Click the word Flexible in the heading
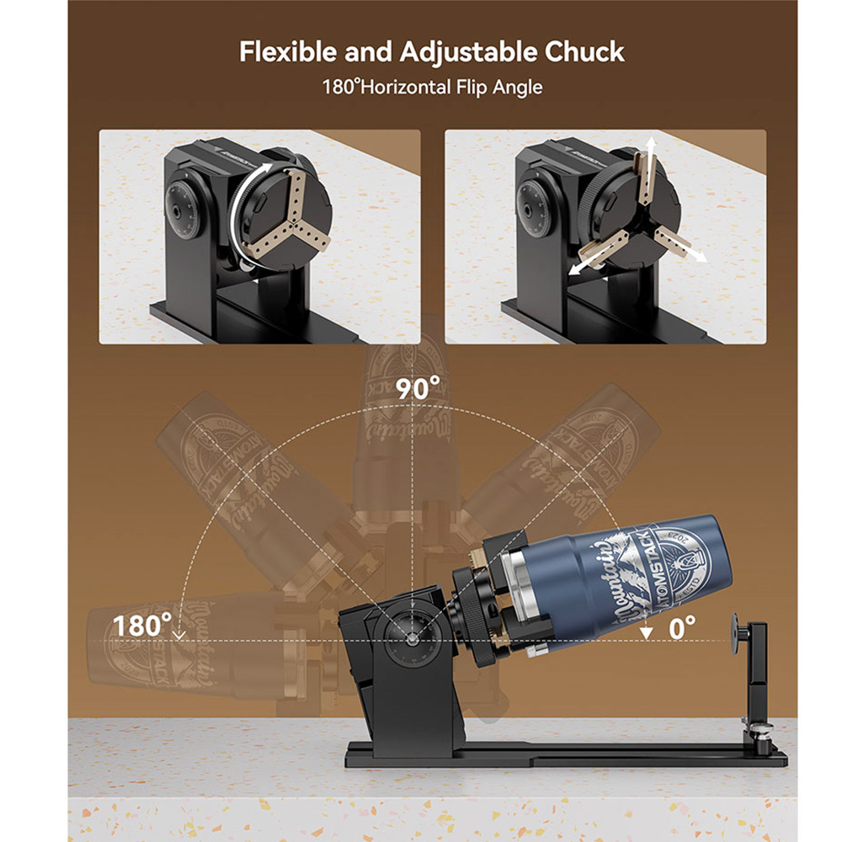tap(286, 52)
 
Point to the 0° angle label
tap(682, 626)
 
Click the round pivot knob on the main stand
tap(412, 637)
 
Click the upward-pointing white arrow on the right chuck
tap(648, 160)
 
